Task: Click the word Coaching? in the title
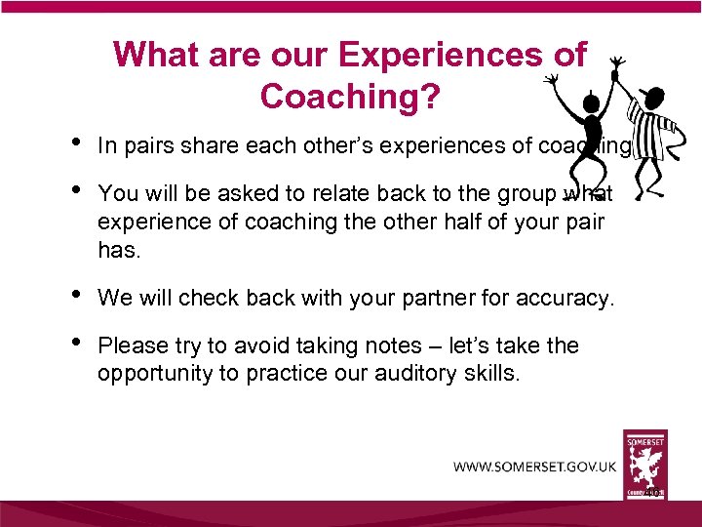click(x=350, y=95)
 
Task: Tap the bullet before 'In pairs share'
click(x=76, y=143)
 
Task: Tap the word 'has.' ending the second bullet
click(x=120, y=250)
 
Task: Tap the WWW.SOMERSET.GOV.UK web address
click(x=534, y=466)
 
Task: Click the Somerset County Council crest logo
click(x=645, y=464)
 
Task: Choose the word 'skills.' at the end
click(x=493, y=373)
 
